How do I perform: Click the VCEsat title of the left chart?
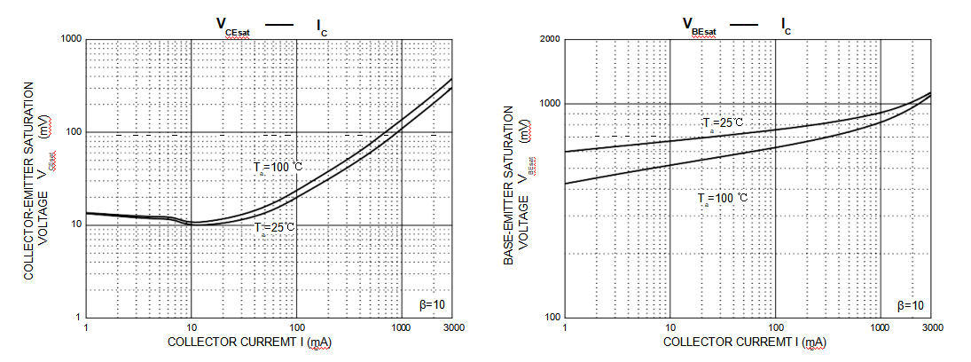pyautogui.click(x=236, y=26)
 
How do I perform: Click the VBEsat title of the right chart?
pyautogui.click(x=699, y=26)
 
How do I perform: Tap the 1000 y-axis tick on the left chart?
pyautogui.click(x=70, y=39)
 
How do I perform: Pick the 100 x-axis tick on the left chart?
pyautogui.click(x=296, y=328)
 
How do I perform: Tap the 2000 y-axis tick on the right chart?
pyautogui.click(x=549, y=39)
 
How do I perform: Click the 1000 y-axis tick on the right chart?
pyautogui.click(x=549, y=104)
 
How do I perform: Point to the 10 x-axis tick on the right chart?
pyautogui.click(x=670, y=328)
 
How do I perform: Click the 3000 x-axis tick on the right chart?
pyautogui.click(x=931, y=328)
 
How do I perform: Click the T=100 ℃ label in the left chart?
pyautogui.click(x=278, y=167)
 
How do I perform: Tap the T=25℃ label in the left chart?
pyautogui.click(x=274, y=228)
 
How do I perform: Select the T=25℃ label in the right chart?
pyautogui.click(x=723, y=123)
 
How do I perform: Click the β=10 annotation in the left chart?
pyautogui.click(x=432, y=304)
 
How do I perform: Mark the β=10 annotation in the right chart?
pyautogui.click(x=911, y=305)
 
